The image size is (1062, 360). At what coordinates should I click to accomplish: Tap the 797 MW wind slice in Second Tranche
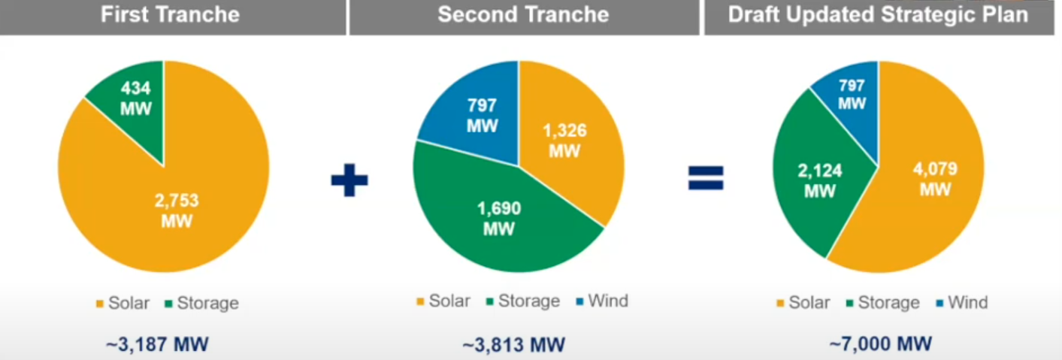tap(479, 116)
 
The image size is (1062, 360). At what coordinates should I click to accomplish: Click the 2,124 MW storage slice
tap(818, 180)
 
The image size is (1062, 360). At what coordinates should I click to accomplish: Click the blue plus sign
tap(349, 180)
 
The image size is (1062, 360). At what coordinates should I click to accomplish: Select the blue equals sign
tap(706, 178)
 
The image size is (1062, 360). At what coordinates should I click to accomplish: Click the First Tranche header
tap(170, 15)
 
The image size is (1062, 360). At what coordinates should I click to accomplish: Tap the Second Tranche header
tap(523, 15)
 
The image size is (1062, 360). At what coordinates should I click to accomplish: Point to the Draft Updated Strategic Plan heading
tap(878, 15)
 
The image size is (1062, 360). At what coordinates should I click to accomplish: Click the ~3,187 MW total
tap(157, 344)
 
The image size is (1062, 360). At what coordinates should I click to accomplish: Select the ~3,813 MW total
tap(513, 345)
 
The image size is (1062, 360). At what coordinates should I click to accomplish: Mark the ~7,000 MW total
tap(880, 344)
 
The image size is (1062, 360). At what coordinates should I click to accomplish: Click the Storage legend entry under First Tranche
tap(202, 303)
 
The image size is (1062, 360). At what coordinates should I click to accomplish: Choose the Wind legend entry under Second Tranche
tap(602, 301)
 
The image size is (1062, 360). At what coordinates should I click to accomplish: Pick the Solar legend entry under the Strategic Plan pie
tap(803, 302)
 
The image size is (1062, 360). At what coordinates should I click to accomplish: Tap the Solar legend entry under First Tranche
tap(123, 303)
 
